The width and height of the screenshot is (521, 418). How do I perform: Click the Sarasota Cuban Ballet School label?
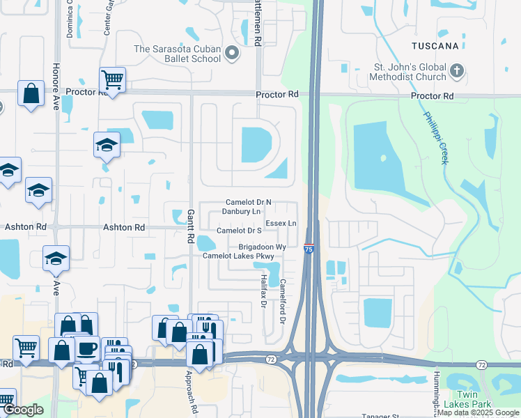(x=178, y=54)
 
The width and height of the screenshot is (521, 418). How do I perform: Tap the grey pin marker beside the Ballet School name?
(x=233, y=53)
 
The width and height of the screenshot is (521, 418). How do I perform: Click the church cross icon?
(x=457, y=70)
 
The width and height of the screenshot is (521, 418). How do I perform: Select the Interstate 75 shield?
(x=309, y=248)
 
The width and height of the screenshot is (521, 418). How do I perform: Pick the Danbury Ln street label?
(x=241, y=211)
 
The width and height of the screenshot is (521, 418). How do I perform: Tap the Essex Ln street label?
(x=281, y=224)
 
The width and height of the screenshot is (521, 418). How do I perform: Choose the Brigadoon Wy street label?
(x=263, y=247)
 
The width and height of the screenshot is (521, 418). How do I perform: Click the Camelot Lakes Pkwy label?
(x=238, y=256)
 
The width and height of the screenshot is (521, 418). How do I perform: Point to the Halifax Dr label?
(x=264, y=291)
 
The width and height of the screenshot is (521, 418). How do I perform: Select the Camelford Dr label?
(x=283, y=301)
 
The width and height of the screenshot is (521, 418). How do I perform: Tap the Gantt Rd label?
(x=190, y=226)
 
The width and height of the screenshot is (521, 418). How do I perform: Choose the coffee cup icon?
(x=87, y=348)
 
